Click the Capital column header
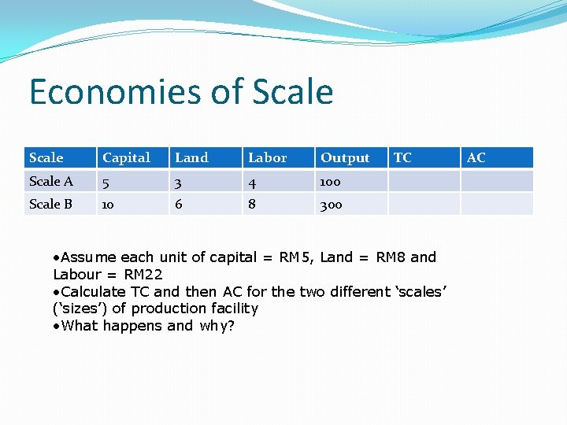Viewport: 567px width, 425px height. (x=126, y=157)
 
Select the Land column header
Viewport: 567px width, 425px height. (x=191, y=157)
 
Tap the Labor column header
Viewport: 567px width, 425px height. (x=267, y=157)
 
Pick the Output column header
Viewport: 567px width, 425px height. (x=344, y=157)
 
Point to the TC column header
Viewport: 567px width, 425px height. (x=402, y=157)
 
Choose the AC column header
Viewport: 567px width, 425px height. (x=476, y=157)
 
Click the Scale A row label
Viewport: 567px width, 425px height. (x=51, y=181)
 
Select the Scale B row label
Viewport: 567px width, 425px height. (x=51, y=204)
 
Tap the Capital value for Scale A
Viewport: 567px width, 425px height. (x=106, y=181)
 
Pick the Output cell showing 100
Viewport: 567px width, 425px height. (x=330, y=181)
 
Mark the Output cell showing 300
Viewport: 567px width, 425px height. (x=331, y=204)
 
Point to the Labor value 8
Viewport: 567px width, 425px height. (x=252, y=204)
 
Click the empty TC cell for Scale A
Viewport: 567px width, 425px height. (x=424, y=181)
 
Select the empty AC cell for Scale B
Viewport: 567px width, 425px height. (x=497, y=204)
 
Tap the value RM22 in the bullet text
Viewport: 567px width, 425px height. (x=146, y=274)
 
